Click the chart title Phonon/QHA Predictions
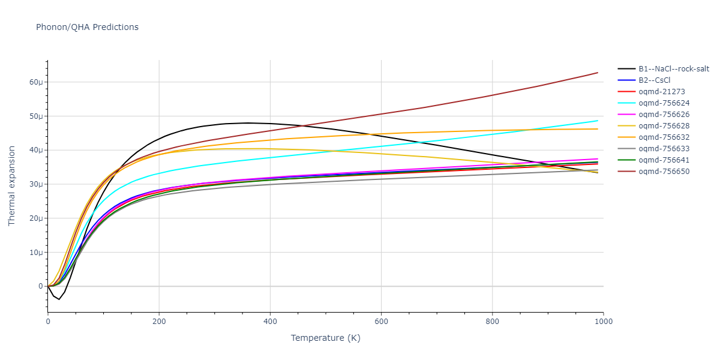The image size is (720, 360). (87, 27)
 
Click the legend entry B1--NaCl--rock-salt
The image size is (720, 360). (673, 69)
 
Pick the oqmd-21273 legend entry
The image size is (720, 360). (662, 92)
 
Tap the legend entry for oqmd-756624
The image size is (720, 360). (664, 103)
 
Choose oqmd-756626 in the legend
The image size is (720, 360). (664, 115)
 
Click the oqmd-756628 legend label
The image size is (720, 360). (664, 126)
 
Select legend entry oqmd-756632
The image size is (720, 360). (664, 137)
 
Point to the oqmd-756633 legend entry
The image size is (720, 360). (664, 149)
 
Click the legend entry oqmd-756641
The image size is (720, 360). (664, 160)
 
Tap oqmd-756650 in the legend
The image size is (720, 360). (664, 172)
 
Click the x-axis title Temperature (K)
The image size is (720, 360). (325, 338)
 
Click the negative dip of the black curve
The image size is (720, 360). (59, 299)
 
